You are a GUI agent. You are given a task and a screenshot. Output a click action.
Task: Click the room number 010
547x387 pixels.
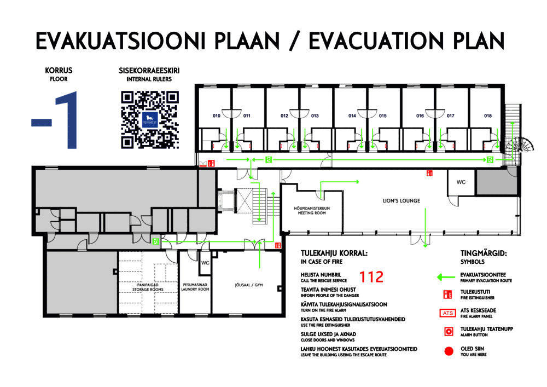(x=216, y=115)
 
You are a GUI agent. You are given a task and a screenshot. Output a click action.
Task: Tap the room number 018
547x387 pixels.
(x=488, y=115)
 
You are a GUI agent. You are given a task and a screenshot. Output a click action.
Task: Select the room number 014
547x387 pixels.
(x=352, y=115)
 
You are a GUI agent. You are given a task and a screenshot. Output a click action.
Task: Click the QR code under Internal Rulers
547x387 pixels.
(x=150, y=120)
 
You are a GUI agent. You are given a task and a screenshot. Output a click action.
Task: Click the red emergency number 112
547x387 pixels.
(x=371, y=277)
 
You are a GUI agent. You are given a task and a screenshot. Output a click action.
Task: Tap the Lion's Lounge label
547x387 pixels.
(x=401, y=201)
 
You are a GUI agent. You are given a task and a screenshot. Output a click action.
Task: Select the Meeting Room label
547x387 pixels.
(x=312, y=210)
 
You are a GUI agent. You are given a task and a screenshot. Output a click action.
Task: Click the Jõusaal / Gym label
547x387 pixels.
(x=249, y=285)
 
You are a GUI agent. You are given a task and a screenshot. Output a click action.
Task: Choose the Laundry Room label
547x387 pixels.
(x=195, y=287)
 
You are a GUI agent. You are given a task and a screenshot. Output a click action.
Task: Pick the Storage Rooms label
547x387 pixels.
(x=148, y=287)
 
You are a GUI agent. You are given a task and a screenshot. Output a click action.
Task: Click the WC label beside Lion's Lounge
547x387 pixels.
(x=461, y=182)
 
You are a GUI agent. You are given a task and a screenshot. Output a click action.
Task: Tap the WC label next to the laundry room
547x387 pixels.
(x=205, y=263)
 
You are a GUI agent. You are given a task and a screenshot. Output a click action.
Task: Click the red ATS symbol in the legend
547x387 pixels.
(x=447, y=313)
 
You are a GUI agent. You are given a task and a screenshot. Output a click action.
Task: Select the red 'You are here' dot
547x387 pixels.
(x=449, y=351)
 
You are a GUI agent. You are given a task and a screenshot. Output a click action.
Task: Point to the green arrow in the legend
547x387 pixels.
(x=446, y=278)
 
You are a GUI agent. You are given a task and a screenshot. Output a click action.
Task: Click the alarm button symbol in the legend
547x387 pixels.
(x=449, y=331)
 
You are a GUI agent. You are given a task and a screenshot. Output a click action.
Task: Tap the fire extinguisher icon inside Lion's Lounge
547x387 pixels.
(x=429, y=173)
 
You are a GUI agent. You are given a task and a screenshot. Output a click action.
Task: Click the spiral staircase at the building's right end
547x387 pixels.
(x=521, y=145)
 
